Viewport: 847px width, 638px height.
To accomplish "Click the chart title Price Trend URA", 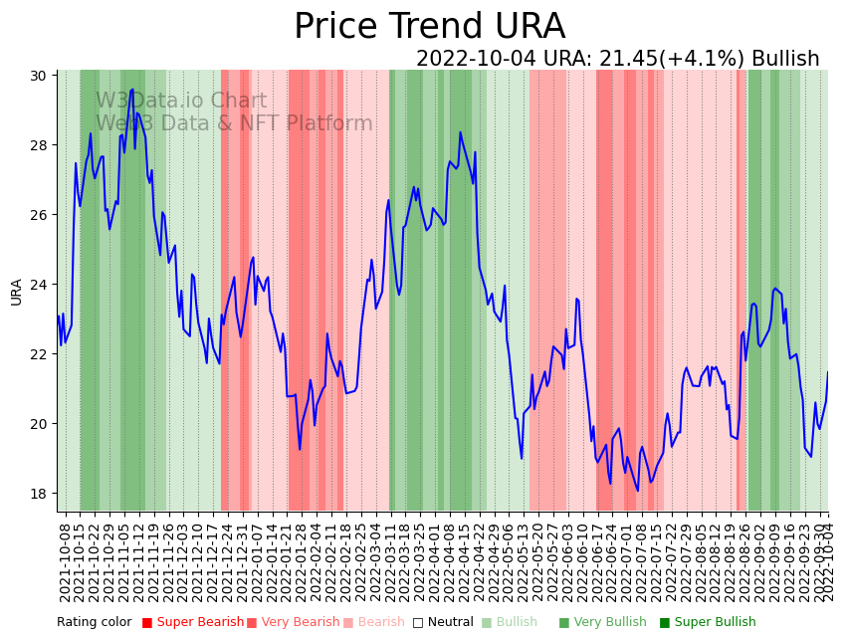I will (429, 27).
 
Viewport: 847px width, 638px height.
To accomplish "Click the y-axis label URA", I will (17, 292).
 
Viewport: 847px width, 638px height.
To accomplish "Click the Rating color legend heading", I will (94, 623).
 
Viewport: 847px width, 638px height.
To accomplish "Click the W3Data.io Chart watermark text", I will (181, 102).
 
